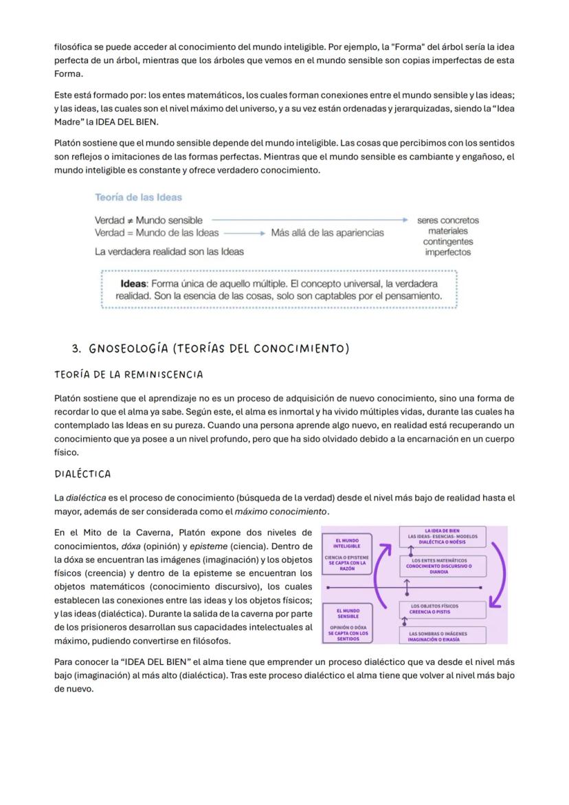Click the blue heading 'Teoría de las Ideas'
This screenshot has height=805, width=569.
point(138,197)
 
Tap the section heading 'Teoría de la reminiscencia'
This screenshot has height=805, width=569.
point(129,375)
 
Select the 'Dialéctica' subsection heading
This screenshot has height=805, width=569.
point(82,474)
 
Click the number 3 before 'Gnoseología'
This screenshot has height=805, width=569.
point(76,349)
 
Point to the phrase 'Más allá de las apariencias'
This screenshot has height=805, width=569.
point(327,233)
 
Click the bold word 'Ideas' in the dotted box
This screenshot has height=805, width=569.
point(133,284)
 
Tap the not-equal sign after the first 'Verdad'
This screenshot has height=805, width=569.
point(130,220)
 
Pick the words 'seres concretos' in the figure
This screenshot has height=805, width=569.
point(448,220)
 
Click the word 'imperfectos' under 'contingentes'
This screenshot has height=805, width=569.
point(447,252)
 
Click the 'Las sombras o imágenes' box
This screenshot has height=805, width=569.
point(443,636)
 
